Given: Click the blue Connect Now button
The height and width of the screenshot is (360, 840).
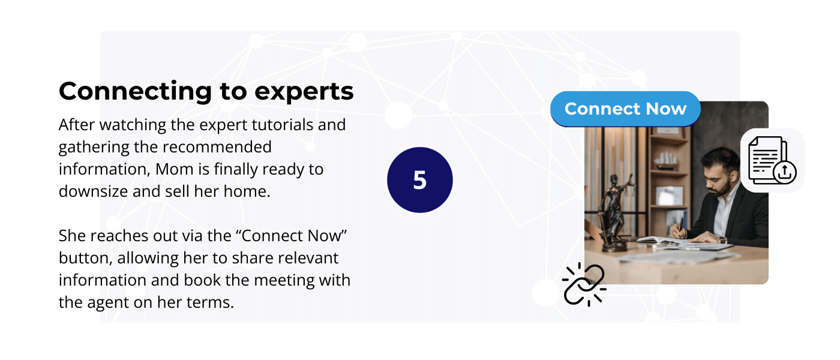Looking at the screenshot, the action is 625,109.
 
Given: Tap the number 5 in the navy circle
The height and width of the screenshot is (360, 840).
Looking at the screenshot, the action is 419,180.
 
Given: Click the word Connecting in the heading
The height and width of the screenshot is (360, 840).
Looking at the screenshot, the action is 136,92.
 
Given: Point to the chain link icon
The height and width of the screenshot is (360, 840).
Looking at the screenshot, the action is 584,284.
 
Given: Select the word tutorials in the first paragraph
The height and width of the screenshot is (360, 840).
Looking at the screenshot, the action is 283,125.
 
